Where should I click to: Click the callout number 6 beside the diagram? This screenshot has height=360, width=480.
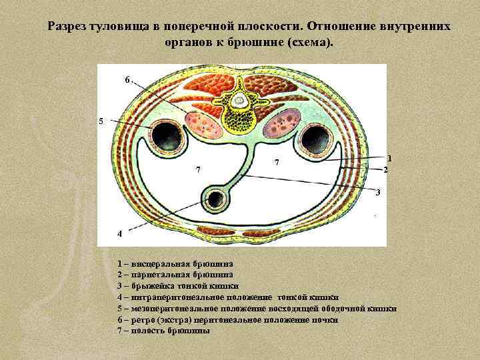click(x=127, y=80)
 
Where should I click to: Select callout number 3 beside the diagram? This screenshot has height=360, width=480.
click(x=378, y=193)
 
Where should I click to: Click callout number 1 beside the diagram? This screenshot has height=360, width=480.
click(x=389, y=158)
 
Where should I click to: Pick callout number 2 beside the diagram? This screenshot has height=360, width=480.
click(x=385, y=170)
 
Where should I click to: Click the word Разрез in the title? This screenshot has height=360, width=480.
click(x=70, y=27)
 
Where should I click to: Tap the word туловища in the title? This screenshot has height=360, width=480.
click(x=126, y=27)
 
